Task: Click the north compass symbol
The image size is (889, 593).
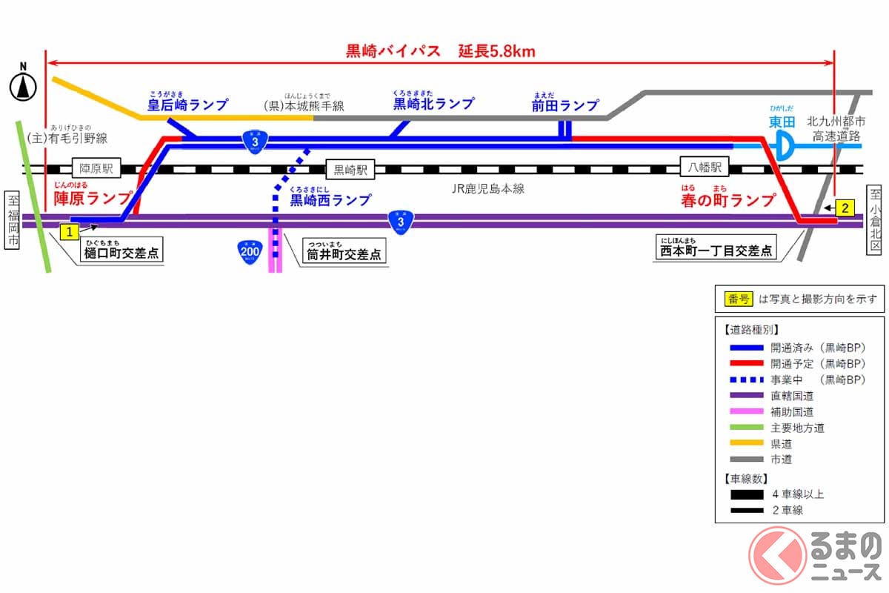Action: click(x=24, y=86)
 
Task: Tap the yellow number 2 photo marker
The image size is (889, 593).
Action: click(x=845, y=208)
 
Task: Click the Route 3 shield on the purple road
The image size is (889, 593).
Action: click(x=400, y=221)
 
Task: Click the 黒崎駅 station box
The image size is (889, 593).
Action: click(x=350, y=169)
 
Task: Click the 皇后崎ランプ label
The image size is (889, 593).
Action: click(x=187, y=105)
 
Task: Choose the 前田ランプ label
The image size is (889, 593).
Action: click(x=565, y=106)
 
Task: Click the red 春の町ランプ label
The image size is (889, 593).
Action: click(x=728, y=200)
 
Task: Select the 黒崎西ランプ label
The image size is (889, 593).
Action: click(x=330, y=200)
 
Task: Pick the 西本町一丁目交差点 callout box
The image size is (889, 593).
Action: click(x=715, y=251)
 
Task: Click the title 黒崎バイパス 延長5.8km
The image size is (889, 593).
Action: click(x=441, y=51)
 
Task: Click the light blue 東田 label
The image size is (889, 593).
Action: click(x=782, y=121)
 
